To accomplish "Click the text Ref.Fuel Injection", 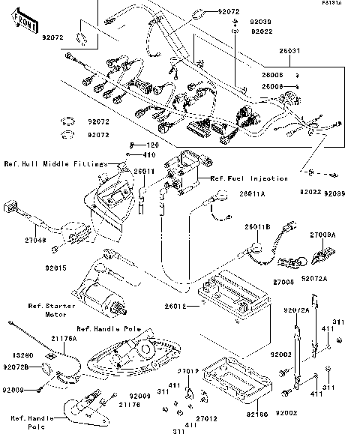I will coord(249,178).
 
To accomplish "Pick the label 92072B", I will coord(16,367).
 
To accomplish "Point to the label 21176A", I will coord(64,340).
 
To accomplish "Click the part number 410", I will coord(149,154).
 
